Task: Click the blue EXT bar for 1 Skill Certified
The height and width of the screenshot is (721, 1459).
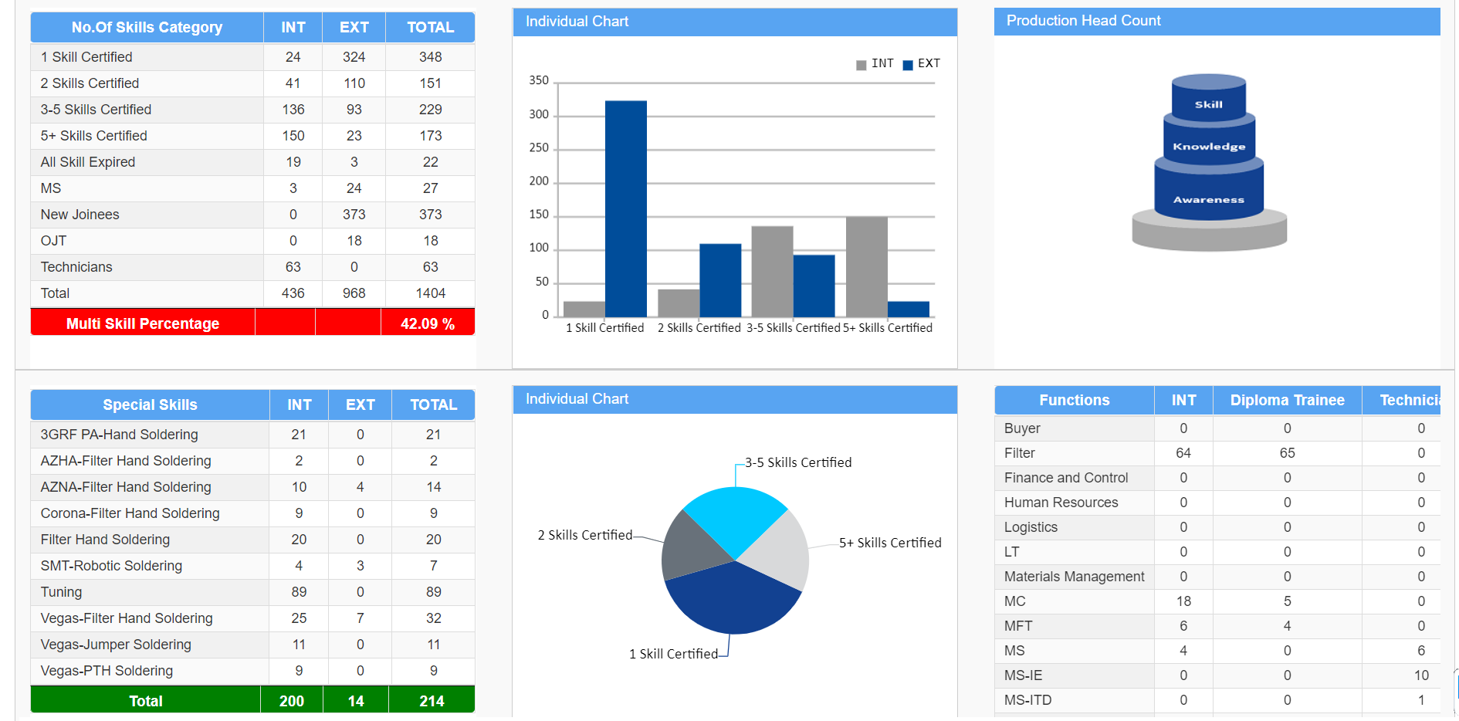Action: tap(626, 208)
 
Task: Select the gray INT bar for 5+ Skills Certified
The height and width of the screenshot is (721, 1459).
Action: tap(866, 266)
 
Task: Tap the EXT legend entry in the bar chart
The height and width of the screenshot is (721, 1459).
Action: tap(922, 63)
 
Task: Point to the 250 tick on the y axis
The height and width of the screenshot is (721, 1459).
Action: tap(539, 147)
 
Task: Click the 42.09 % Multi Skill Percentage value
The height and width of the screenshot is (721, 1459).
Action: tap(428, 323)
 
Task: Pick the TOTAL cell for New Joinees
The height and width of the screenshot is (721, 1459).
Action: tap(430, 215)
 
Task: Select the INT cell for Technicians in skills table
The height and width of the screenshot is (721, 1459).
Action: tap(293, 267)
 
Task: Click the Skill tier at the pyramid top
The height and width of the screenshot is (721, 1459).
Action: tap(1209, 98)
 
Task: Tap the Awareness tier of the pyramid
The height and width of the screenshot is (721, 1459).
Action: tap(1209, 193)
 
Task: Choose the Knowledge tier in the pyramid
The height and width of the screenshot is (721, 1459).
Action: tap(1209, 143)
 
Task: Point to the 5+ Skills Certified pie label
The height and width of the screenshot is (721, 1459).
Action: tap(890, 543)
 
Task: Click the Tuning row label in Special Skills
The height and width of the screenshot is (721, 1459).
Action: tap(61, 592)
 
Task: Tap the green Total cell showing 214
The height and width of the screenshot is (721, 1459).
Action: tap(432, 701)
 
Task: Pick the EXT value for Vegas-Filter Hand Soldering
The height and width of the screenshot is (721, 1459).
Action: tap(361, 618)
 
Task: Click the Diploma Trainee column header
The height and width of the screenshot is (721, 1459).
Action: tap(1287, 400)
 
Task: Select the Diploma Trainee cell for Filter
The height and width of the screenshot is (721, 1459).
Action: tap(1287, 453)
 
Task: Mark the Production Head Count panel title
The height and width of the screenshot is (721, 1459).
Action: tap(1083, 21)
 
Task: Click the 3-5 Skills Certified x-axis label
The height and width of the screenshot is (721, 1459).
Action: tap(793, 328)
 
